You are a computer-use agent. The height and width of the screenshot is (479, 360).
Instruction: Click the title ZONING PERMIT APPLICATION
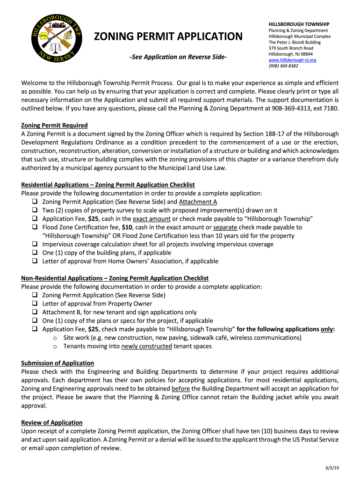point(169,36)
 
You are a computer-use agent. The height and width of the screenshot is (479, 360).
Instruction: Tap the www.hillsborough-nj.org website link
point(292,60)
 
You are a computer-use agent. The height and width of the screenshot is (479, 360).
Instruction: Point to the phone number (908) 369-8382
point(283,66)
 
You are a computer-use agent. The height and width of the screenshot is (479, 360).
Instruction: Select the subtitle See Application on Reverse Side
point(178,57)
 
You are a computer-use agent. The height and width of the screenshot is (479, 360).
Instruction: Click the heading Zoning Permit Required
point(54,125)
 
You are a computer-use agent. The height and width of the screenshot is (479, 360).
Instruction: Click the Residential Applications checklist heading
point(108,185)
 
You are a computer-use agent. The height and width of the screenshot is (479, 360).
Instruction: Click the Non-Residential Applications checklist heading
point(115,278)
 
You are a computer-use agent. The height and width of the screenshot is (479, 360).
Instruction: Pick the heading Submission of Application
point(58,363)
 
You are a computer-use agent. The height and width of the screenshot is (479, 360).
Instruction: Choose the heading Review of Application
point(52,422)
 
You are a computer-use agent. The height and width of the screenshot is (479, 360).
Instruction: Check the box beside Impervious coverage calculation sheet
point(35,244)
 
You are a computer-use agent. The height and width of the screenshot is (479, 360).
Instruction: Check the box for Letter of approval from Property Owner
point(35,304)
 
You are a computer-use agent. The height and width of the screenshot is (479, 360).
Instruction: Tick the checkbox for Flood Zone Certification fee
point(35,227)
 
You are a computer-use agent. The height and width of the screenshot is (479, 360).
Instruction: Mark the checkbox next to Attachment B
point(35,312)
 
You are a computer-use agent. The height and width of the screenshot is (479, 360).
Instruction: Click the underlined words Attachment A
point(198,202)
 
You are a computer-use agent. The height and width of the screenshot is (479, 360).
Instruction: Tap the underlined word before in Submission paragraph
point(180,389)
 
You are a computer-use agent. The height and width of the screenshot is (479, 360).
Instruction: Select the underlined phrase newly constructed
point(146,346)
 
